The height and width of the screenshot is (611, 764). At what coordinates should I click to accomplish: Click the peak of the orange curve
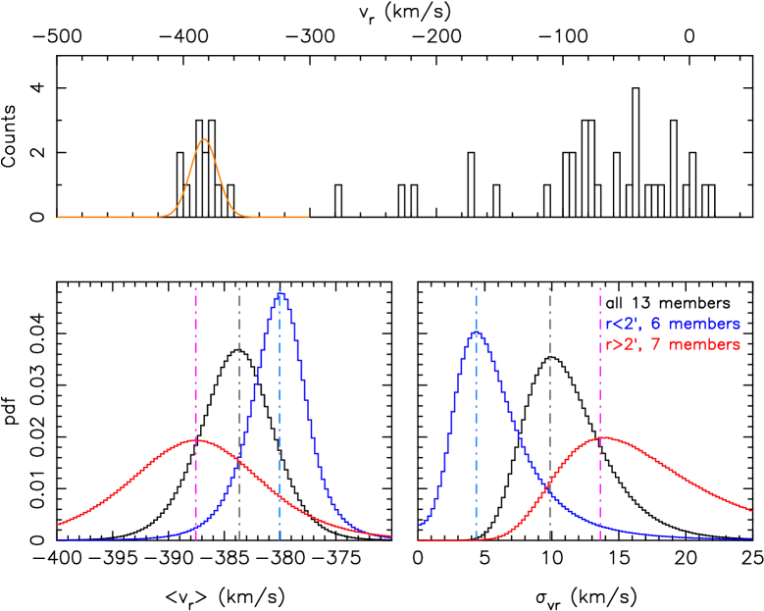pyautogui.click(x=204, y=139)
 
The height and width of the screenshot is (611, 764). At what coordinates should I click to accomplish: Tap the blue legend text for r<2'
pyautogui.click(x=672, y=324)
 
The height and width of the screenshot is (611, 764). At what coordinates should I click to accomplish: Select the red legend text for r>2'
pyautogui.click(x=672, y=345)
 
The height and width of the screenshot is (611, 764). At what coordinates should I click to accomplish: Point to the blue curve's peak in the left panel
pyautogui.click(x=282, y=292)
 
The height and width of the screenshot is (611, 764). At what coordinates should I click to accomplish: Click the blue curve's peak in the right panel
pyautogui.click(x=476, y=331)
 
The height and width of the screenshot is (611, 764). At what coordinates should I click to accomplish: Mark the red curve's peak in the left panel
pyautogui.click(x=195, y=439)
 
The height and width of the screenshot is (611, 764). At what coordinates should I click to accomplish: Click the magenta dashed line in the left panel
pyautogui.click(x=196, y=373)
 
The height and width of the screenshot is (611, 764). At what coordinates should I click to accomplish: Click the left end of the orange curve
pyautogui.click(x=58, y=217)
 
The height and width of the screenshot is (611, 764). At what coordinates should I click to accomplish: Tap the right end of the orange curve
pyautogui.click(x=309, y=217)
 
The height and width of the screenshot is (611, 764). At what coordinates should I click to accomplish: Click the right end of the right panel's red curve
pyautogui.click(x=751, y=510)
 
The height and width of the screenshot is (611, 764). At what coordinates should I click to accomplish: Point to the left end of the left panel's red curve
pyautogui.click(x=58, y=524)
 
